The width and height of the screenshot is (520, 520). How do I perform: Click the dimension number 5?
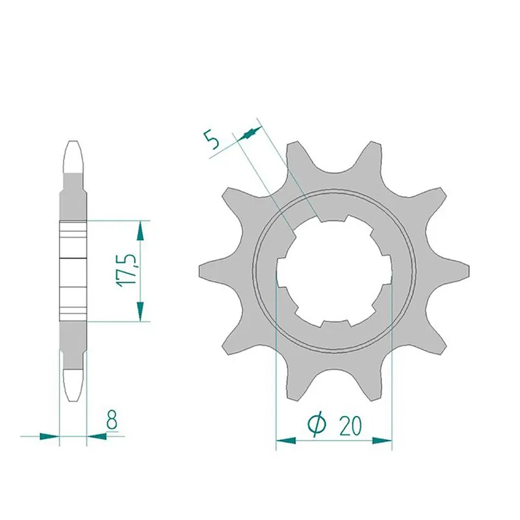211,140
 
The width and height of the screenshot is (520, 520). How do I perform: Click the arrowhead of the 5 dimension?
248,133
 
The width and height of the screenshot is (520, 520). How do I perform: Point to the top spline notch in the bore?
334,220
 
